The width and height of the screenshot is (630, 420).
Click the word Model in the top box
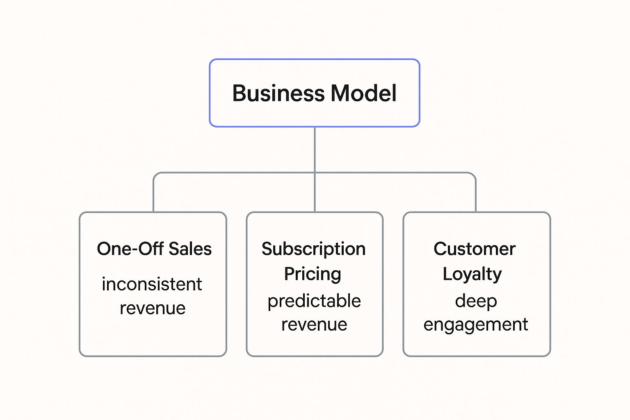click(363, 93)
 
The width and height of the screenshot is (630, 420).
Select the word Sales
click(190, 249)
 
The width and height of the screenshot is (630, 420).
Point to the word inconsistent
click(152, 284)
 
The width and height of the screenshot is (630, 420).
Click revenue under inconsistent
click(153, 308)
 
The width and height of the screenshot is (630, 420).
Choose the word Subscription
click(314, 249)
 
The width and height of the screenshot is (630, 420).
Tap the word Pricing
click(313, 274)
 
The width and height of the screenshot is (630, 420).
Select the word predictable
click(314, 301)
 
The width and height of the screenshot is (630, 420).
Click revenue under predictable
click(314, 324)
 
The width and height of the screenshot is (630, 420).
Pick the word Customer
click(475, 249)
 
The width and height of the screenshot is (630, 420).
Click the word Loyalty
click(472, 274)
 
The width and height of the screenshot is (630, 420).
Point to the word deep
click(476, 301)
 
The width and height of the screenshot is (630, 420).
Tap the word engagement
click(476, 325)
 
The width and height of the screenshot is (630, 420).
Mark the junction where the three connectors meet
click(315, 173)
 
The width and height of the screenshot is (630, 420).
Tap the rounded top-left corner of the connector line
click(155, 175)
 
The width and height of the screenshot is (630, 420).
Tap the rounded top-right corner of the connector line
click(474, 175)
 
